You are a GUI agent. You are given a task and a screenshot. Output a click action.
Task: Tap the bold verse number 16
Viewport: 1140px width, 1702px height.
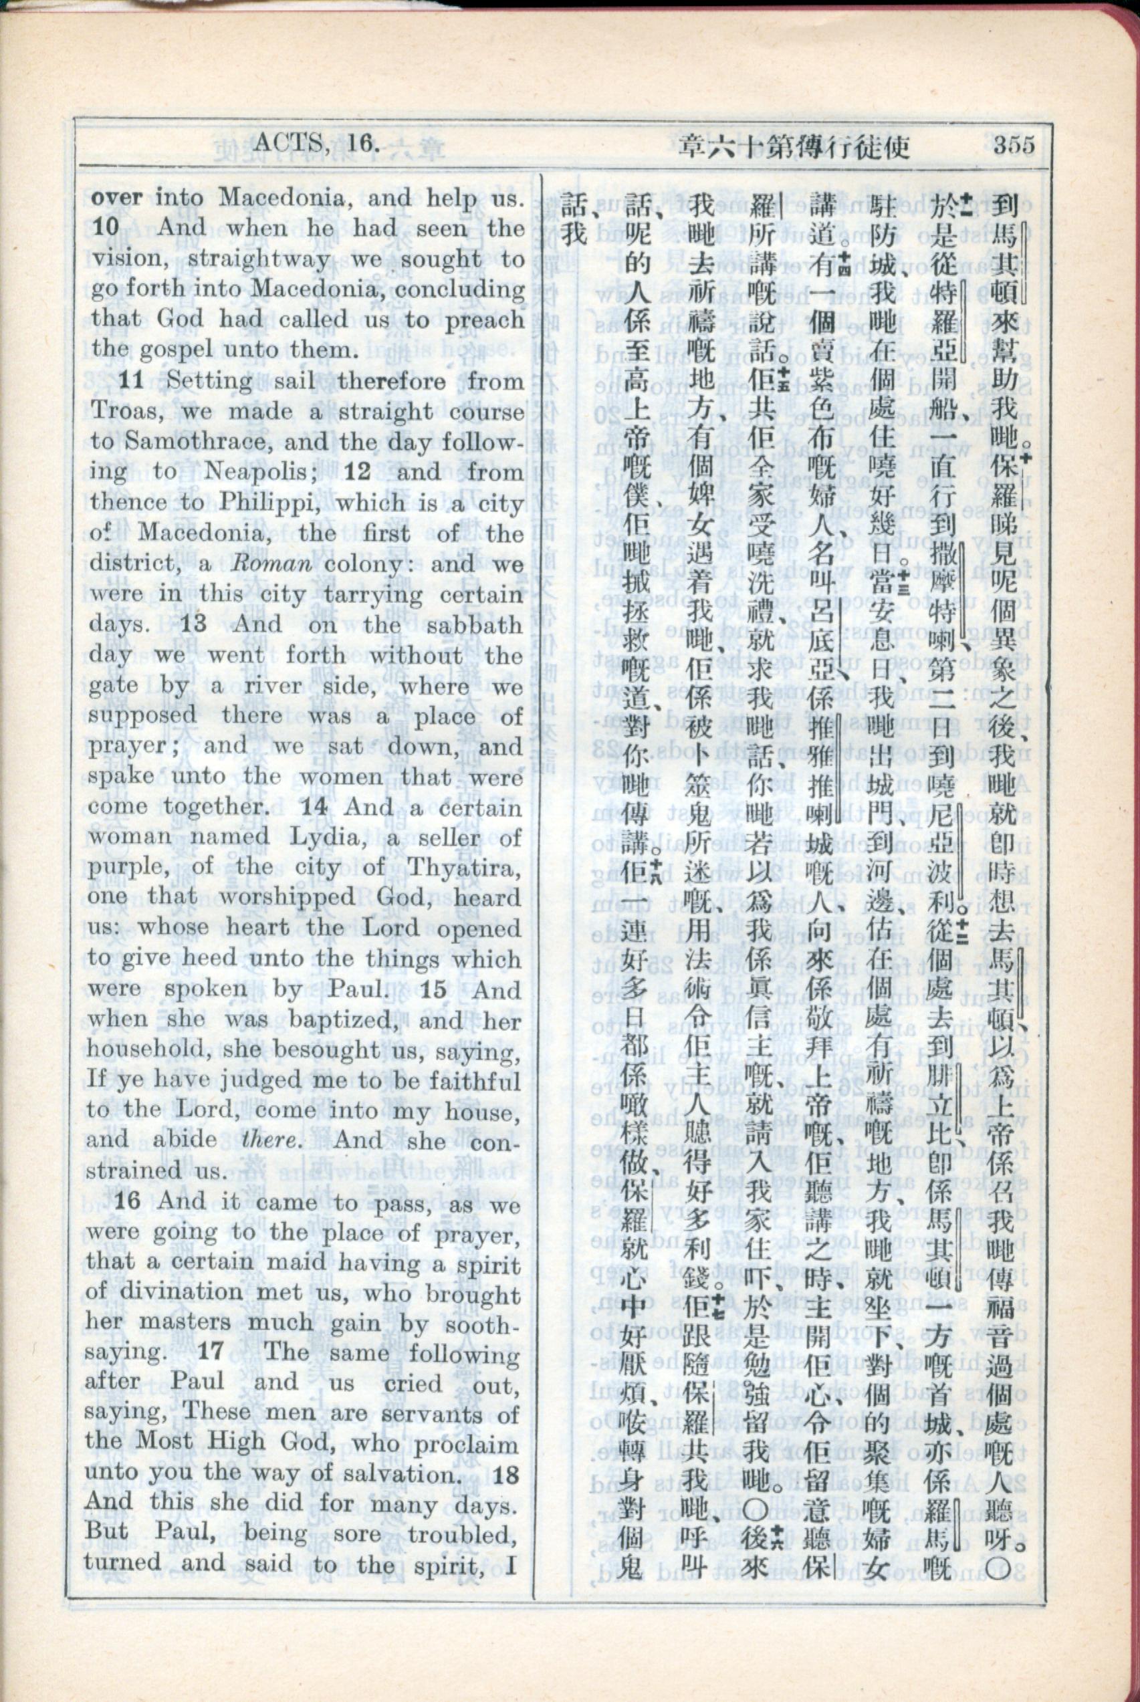(126, 1201)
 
